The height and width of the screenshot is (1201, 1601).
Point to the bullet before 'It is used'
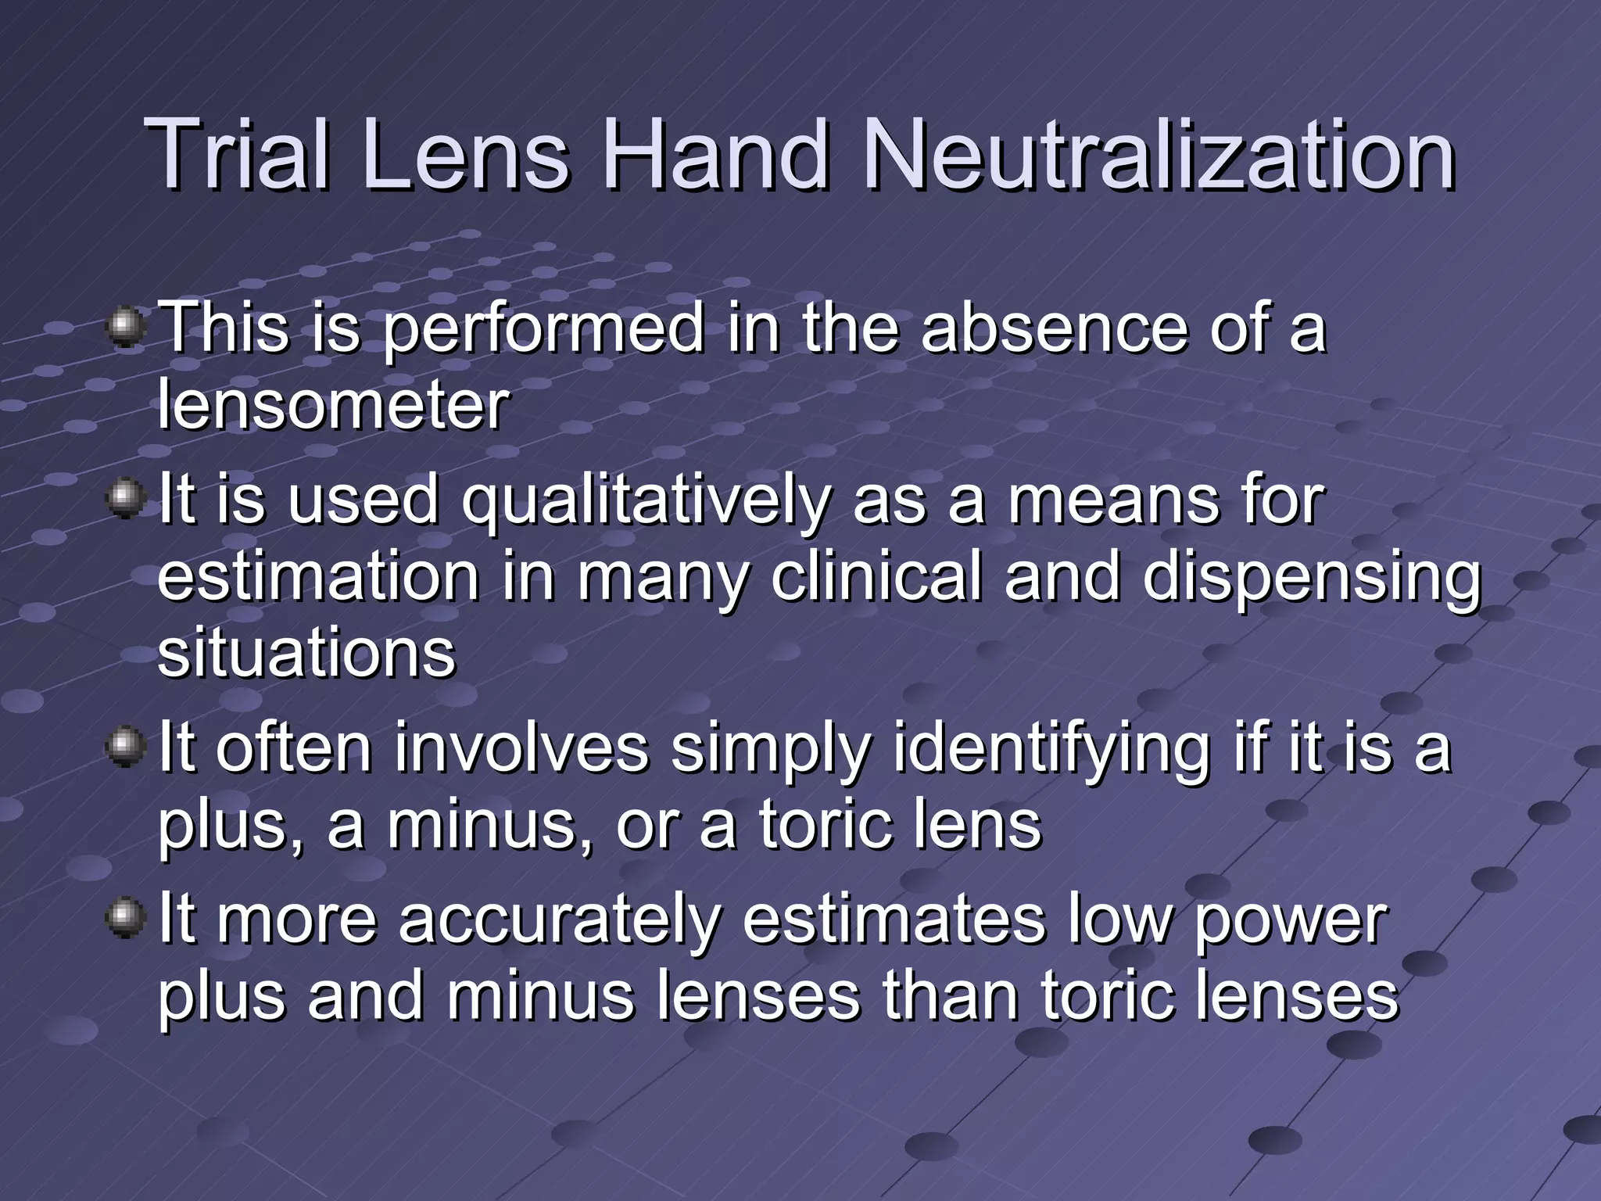coord(126,499)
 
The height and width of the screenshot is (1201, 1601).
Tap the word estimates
coord(894,920)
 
